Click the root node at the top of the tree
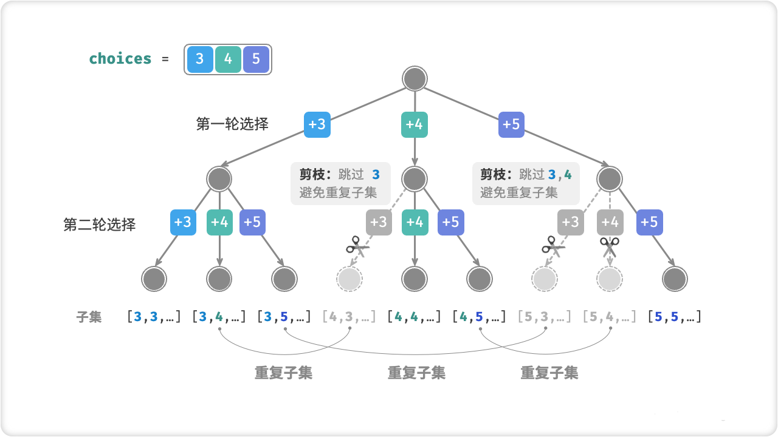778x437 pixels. tap(415, 79)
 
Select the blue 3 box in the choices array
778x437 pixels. tap(200, 59)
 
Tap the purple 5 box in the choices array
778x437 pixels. tap(256, 59)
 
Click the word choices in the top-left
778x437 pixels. tap(120, 59)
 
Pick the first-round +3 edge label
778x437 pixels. tap(317, 124)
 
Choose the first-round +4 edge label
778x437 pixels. tap(415, 124)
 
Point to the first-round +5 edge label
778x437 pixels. tap(511, 124)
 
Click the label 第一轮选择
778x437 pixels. tap(232, 124)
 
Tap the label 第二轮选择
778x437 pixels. tap(100, 225)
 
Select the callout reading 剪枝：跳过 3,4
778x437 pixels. tap(526, 183)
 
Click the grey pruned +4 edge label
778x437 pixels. tap(609, 223)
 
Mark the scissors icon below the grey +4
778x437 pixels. tap(609, 247)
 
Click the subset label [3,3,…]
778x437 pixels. tap(154, 316)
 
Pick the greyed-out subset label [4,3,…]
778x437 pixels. tap(349, 316)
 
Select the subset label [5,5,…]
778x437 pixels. tap(674, 316)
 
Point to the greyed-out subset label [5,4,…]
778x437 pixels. tap(609, 316)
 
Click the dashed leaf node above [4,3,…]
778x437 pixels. tap(349, 279)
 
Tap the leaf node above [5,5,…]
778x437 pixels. tap(674, 279)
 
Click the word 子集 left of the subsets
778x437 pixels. tap(89, 316)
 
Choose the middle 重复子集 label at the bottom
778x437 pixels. tap(416, 373)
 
